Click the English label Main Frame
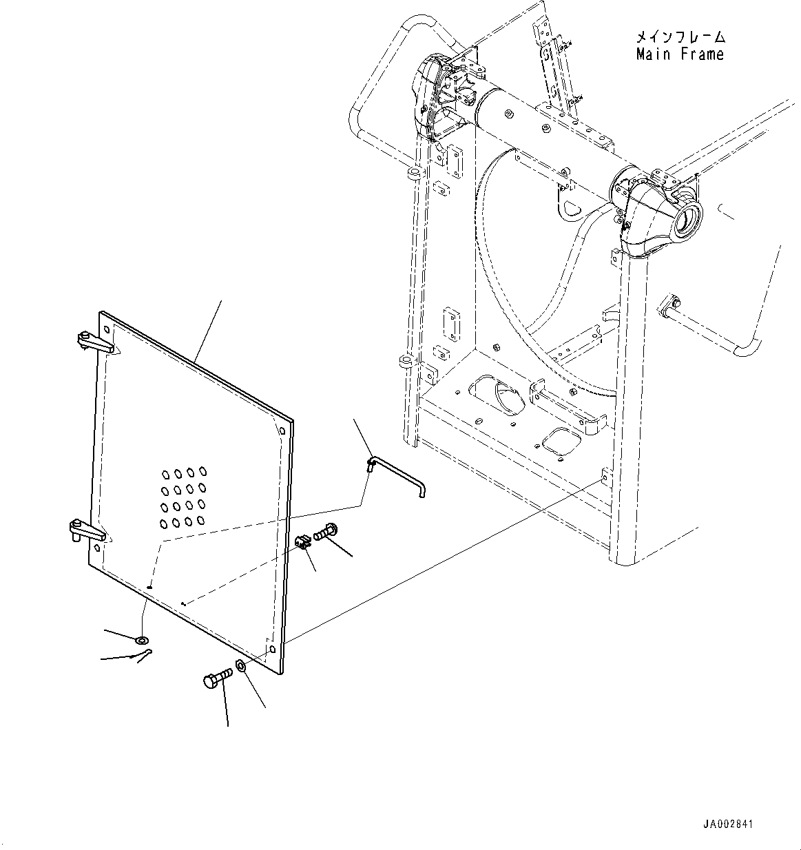pos(680,54)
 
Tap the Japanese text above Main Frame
pos(680,37)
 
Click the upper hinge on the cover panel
pos(92,341)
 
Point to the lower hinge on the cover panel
pos(85,531)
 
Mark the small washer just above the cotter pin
pos(142,641)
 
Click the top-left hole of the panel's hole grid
pos(166,474)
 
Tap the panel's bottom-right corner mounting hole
pos(273,650)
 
